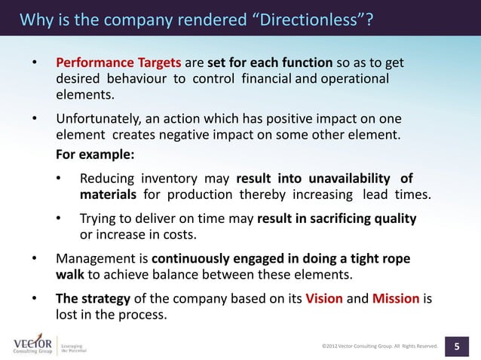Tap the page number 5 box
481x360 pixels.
pos(457,346)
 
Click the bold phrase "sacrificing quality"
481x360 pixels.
pos(362,218)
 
